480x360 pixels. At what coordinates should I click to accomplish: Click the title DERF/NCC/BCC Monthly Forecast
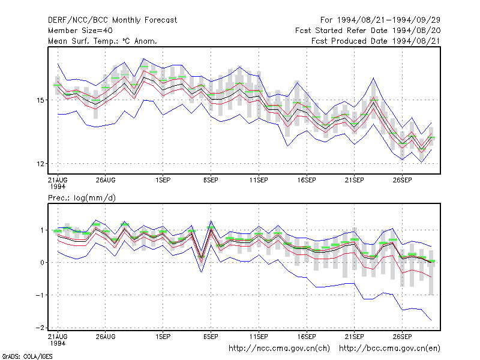click(112, 20)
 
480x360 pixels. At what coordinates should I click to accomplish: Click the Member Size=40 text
click(80, 31)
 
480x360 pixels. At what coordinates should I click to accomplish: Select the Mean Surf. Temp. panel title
click(102, 41)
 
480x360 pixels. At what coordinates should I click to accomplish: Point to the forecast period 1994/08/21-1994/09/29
click(380, 20)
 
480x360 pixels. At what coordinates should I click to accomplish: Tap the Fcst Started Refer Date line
click(368, 31)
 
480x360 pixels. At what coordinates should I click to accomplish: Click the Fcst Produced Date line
click(376, 41)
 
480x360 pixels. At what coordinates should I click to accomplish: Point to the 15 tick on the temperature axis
click(40, 100)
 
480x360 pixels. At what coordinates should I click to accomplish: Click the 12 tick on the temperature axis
click(40, 164)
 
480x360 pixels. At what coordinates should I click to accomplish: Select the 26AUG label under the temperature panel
click(106, 180)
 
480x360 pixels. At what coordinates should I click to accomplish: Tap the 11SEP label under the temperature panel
click(259, 180)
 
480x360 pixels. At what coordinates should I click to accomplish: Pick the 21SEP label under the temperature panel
click(355, 180)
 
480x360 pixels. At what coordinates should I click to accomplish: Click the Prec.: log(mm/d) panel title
click(82, 198)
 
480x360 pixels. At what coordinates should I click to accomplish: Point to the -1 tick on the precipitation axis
click(40, 295)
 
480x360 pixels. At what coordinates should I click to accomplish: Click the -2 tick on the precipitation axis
click(40, 328)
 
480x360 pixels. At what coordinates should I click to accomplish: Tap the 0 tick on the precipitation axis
click(42, 263)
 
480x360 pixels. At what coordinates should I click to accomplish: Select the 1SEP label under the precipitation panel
click(163, 337)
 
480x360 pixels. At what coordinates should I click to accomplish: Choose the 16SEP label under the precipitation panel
click(307, 337)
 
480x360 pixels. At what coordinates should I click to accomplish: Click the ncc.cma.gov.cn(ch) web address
click(280, 349)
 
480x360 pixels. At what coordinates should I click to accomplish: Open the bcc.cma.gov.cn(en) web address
click(389, 349)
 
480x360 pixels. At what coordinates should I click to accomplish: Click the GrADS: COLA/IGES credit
click(27, 356)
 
